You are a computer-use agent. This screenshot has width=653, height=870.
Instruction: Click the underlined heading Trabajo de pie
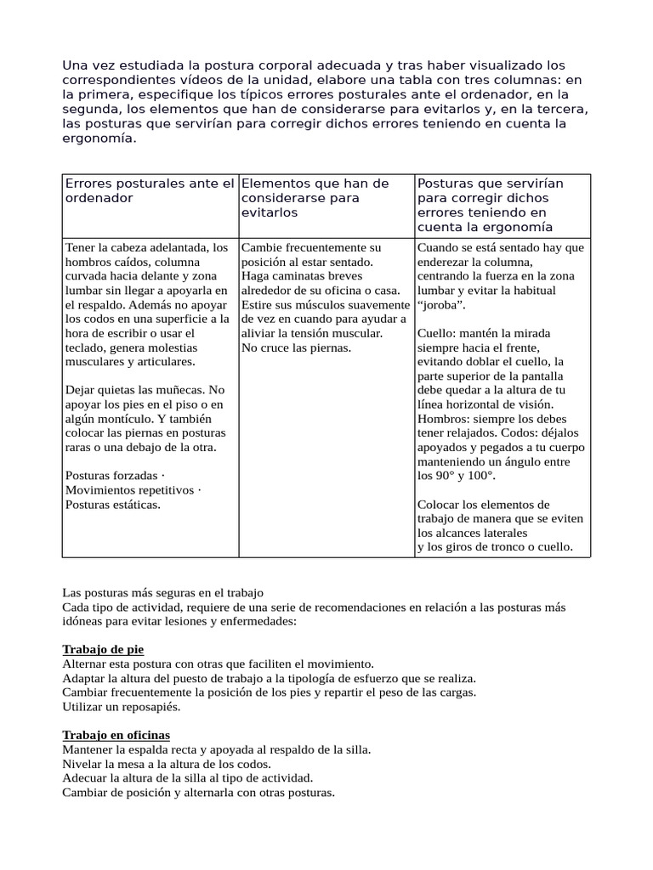103,649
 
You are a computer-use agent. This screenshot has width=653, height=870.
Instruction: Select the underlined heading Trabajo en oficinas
116,734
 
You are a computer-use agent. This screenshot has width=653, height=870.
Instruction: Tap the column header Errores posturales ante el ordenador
149,190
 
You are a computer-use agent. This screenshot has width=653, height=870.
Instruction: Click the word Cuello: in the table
440,334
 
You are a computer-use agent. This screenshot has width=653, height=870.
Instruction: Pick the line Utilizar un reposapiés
122,706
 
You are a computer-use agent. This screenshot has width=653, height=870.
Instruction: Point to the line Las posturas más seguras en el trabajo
163,592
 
